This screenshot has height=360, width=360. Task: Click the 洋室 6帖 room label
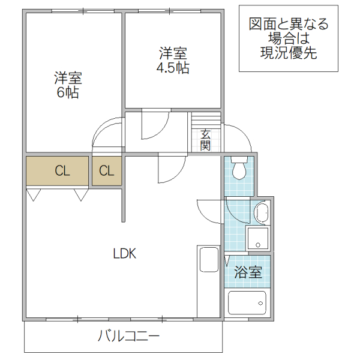68,85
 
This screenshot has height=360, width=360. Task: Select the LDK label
125,254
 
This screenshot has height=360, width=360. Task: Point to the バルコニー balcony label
128,336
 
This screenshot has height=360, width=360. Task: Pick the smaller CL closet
106,171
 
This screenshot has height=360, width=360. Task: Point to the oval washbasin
261,212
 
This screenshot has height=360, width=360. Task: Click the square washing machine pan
259,238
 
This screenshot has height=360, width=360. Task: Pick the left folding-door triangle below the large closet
34,194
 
